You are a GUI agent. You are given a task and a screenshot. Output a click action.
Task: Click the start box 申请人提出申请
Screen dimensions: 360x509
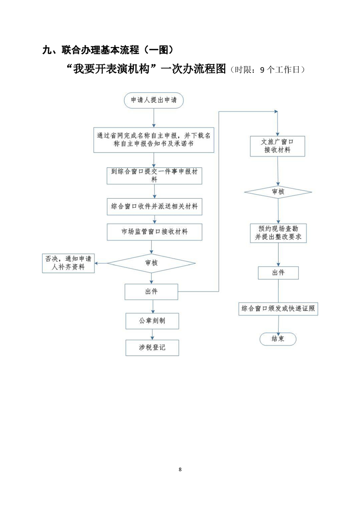point(154,100)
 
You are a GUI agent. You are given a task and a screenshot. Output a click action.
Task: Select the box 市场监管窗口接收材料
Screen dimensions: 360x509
point(154,232)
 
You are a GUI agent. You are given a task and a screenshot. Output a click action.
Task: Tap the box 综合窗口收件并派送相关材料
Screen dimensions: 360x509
point(154,206)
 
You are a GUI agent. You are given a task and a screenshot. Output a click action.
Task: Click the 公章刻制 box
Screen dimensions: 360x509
point(152,321)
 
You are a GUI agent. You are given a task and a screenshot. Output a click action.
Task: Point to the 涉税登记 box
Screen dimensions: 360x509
point(152,347)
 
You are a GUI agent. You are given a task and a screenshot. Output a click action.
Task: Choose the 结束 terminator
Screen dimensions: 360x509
point(278,339)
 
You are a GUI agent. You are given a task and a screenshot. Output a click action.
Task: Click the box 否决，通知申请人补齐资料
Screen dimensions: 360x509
point(68,263)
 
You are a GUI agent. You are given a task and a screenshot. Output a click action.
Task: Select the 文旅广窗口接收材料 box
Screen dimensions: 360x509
point(277,146)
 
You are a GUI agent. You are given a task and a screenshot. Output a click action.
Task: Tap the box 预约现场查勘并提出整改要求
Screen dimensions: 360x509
point(278,233)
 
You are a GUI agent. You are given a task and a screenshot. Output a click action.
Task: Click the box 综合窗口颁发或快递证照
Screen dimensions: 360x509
point(278,308)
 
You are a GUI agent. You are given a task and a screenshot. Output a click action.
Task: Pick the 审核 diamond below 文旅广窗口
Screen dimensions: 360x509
point(278,192)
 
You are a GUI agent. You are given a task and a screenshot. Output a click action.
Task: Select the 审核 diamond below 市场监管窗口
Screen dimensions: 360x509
point(152,263)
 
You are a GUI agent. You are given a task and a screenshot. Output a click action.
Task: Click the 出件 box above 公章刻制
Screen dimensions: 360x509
point(152,292)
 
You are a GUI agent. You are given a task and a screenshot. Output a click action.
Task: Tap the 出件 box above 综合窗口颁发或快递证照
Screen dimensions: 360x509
point(278,273)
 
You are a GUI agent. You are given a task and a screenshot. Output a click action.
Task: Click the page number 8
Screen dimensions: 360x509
point(180,470)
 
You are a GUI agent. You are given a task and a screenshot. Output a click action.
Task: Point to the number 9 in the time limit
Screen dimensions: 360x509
point(262,70)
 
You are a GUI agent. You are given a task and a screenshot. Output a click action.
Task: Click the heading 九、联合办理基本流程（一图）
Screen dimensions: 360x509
point(108,49)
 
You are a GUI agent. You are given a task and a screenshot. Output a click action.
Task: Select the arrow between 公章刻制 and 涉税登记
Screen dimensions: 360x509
point(153,334)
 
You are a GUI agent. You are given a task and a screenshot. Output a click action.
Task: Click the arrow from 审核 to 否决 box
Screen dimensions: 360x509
point(101,263)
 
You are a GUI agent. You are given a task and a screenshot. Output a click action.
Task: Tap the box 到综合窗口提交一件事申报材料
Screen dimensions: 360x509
point(154,176)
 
